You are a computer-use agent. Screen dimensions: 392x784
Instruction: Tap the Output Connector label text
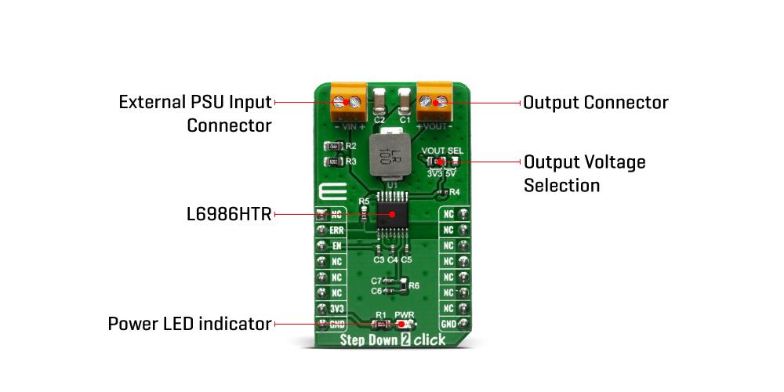click(x=595, y=103)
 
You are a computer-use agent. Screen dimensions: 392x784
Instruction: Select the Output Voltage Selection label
click(x=584, y=173)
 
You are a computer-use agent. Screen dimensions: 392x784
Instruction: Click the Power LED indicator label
click(x=189, y=324)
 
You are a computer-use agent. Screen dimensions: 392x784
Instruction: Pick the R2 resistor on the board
click(x=332, y=146)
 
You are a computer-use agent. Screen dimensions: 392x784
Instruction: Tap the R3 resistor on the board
click(x=332, y=162)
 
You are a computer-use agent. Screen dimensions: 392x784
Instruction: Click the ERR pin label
click(x=336, y=230)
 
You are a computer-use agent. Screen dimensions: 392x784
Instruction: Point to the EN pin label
click(x=336, y=245)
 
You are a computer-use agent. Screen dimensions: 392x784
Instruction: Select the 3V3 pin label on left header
click(x=336, y=308)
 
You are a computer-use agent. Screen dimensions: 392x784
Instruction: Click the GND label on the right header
click(x=448, y=324)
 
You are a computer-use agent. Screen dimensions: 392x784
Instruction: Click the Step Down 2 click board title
click(x=393, y=340)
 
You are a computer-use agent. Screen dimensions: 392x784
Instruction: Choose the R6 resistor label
click(x=414, y=285)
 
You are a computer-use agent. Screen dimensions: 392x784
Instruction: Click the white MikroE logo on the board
click(x=327, y=194)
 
